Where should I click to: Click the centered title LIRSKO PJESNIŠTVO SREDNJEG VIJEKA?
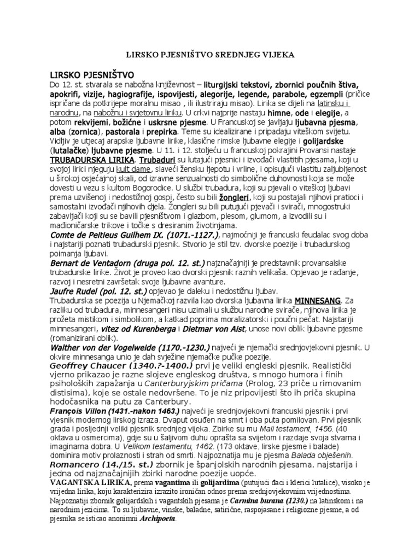coord(209,55)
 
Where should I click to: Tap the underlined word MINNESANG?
coord(317,300)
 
